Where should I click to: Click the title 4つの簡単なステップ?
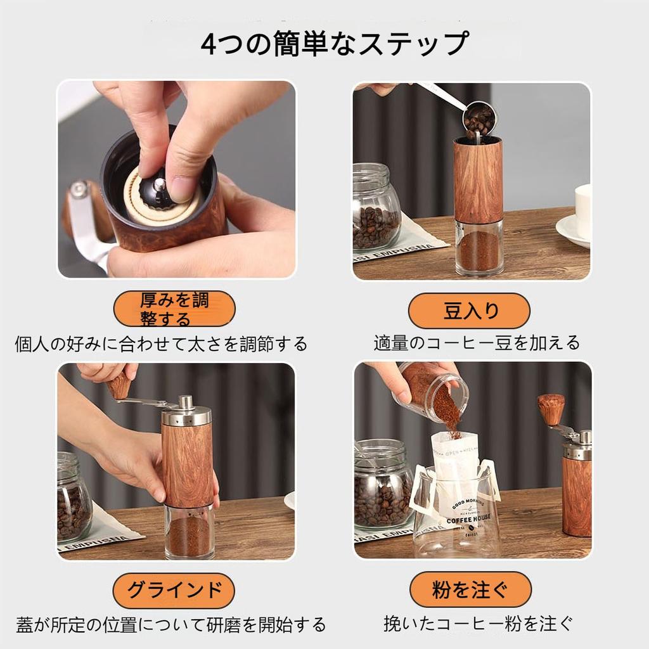point(335,44)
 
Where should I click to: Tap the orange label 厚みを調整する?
point(174,309)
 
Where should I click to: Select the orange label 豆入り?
point(469,311)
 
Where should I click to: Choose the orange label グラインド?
point(174,591)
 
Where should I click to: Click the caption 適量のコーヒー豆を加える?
point(477,343)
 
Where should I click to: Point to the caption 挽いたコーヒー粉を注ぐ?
point(478,624)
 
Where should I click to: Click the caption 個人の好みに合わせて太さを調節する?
point(161,344)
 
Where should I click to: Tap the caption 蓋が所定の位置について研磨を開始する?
point(171,624)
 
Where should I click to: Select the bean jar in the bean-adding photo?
point(376,207)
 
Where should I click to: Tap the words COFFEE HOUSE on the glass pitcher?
point(468,518)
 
